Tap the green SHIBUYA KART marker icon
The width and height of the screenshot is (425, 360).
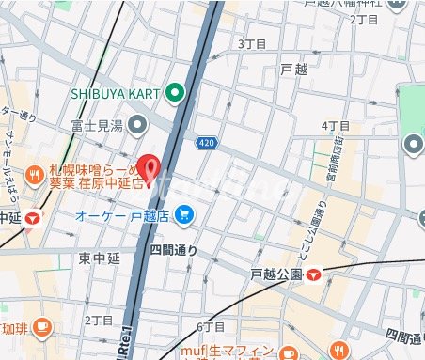click(175, 93)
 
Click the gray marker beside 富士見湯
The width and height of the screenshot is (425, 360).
click(139, 123)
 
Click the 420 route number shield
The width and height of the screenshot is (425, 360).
click(206, 142)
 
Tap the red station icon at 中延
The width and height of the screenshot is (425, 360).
click(34, 218)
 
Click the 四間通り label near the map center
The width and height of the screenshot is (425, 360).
click(174, 249)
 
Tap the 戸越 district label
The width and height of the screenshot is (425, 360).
click(294, 70)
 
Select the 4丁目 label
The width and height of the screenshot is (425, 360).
click(336, 125)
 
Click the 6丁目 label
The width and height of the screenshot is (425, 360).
click(211, 326)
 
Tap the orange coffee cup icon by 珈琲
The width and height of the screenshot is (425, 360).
click(41, 326)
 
